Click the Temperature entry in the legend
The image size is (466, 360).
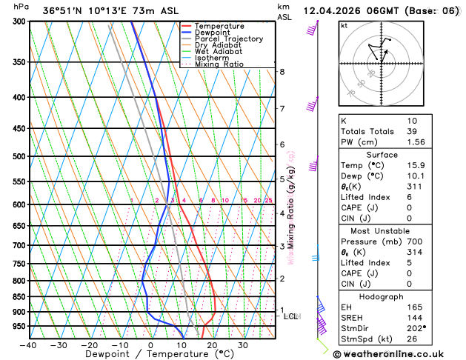[219, 26]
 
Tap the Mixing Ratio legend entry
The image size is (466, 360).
[219, 64]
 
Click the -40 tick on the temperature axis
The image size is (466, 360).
[28, 345]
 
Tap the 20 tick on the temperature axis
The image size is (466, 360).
[212, 345]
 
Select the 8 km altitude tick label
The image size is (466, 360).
[282, 72]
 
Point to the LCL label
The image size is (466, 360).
[291, 317]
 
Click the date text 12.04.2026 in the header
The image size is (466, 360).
[334, 11]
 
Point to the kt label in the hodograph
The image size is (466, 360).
[344, 25]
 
